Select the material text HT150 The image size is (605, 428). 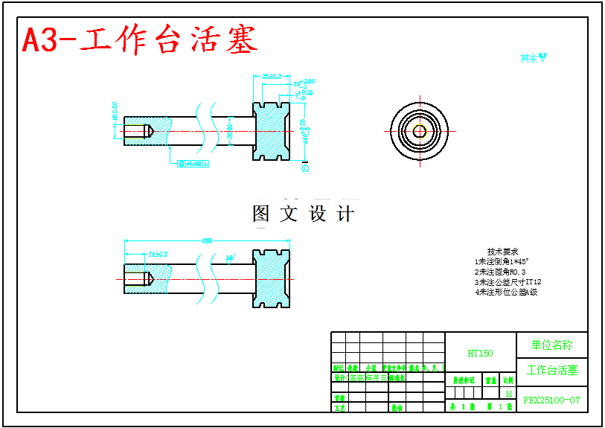point(480,354)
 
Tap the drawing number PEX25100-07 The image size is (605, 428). point(551,400)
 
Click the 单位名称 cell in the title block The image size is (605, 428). point(551,345)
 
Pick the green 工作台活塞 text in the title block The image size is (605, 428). point(551,371)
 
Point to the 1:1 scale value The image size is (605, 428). point(509,393)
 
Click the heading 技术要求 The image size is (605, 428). point(502,252)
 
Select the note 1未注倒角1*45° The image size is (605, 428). point(502,262)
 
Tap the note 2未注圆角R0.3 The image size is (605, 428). point(499,272)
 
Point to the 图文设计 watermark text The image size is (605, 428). point(304,214)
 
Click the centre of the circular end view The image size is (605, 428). point(420,132)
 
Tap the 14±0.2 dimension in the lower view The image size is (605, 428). point(158,255)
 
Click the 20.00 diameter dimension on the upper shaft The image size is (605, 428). point(230,132)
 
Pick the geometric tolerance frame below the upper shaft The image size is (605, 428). point(191,163)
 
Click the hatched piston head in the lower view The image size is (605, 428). point(272,279)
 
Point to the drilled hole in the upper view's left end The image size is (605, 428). point(138,131)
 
